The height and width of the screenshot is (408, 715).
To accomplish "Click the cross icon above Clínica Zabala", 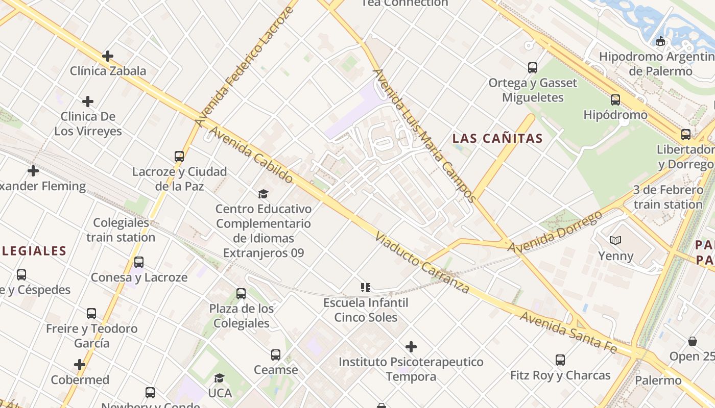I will [x=108, y=56].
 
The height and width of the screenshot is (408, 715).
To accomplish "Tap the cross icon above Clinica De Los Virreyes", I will [x=88, y=101].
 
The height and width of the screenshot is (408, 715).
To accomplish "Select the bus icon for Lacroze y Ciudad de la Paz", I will [x=179, y=157].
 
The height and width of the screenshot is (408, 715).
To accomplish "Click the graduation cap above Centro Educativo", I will [x=263, y=194].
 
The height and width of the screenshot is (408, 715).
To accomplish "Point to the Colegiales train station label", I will [x=121, y=230].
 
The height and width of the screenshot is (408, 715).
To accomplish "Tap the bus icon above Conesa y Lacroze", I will [x=139, y=262].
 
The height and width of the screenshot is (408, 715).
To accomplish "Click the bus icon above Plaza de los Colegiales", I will [x=241, y=294].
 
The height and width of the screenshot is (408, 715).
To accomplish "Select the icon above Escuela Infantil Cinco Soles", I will [x=365, y=288].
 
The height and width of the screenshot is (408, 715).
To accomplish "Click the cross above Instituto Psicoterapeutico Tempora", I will [x=411, y=347].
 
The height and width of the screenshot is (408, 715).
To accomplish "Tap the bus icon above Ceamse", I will [x=276, y=354].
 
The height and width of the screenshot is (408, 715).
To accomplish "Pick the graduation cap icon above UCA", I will [x=220, y=378].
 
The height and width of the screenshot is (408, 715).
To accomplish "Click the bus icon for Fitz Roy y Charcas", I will [x=560, y=360].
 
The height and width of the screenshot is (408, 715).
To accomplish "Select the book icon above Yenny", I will [x=615, y=240].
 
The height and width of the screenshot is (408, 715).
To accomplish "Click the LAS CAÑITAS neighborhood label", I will [x=497, y=138].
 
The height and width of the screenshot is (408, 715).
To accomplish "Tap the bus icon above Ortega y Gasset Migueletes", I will [x=533, y=67].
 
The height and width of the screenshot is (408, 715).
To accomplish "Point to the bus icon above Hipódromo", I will [x=615, y=100].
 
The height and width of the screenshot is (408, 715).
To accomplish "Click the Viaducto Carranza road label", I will [x=422, y=263].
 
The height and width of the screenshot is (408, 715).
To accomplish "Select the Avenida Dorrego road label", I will [x=555, y=231].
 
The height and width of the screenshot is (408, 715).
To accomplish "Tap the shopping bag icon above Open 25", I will [x=693, y=341].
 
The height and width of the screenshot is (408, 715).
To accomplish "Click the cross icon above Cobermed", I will [x=80, y=365].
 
